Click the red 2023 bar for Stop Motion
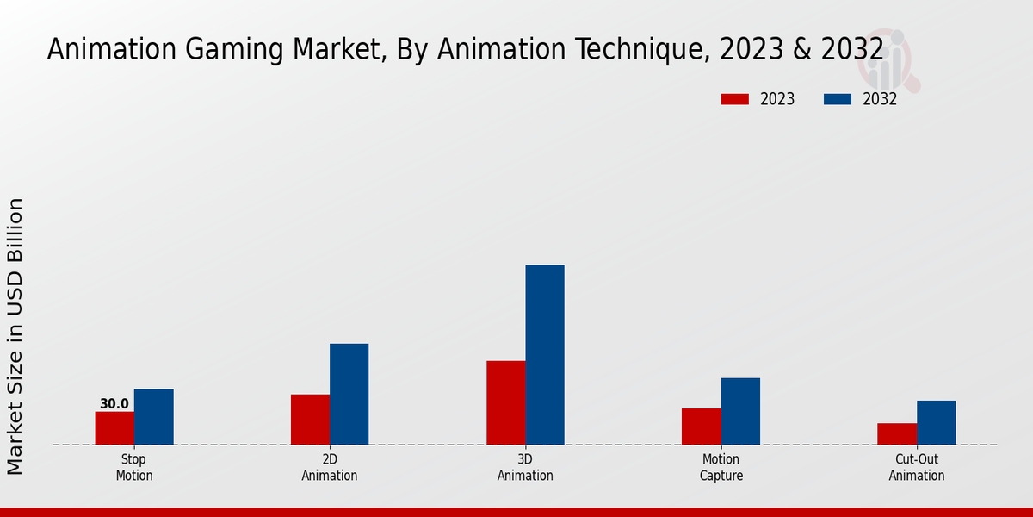(114, 428)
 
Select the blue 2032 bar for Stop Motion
(153, 417)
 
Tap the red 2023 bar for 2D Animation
(310, 420)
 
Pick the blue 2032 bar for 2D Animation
(349, 395)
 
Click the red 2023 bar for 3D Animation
(505, 402)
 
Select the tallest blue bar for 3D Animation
(545, 355)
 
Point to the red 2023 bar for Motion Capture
(701, 427)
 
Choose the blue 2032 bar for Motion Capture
(740, 411)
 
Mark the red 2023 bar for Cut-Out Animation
(897, 434)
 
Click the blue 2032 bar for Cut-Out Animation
(936, 423)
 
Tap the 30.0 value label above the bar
(114, 404)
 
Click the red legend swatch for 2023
(734, 99)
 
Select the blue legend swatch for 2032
(837, 99)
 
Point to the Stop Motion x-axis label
(134, 468)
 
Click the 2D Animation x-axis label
(330, 468)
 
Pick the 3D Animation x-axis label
(525, 468)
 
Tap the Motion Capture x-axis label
(721, 468)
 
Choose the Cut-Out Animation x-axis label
(917, 468)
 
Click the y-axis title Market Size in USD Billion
(15, 336)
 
